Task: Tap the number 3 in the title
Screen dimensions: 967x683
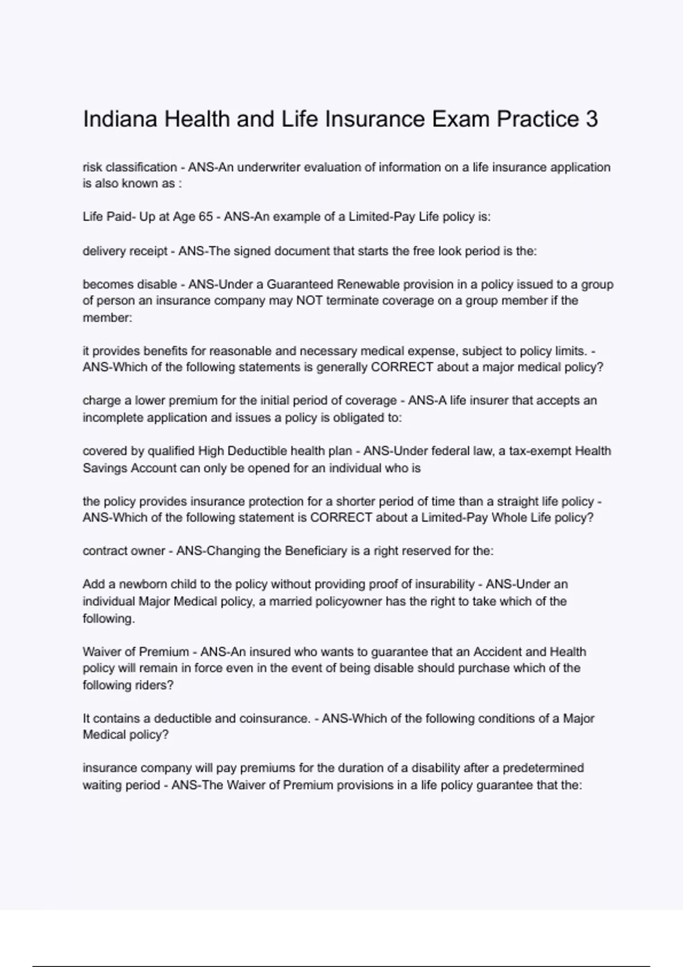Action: click(591, 119)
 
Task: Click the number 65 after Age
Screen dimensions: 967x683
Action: click(205, 217)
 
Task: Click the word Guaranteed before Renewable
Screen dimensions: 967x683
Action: click(300, 284)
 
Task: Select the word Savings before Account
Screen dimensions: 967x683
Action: click(105, 468)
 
